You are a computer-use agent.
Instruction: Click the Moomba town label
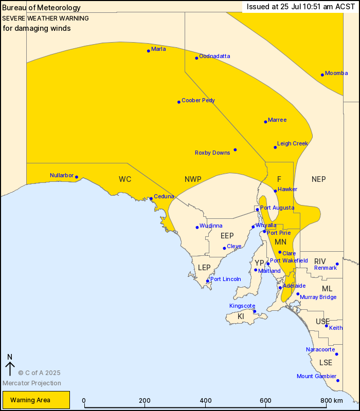[336, 73]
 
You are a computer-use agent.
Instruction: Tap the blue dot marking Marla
[149, 50]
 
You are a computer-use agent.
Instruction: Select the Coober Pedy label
[198, 100]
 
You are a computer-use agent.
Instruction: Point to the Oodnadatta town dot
[196, 58]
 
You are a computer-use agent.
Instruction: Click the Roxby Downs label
[212, 153]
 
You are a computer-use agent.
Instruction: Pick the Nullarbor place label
[61, 175]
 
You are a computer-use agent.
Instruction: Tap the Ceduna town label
[164, 196]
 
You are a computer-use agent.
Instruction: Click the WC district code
[125, 179]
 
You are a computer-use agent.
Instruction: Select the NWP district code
[193, 179]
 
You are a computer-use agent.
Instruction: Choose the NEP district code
[319, 179]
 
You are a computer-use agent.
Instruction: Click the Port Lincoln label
[226, 279]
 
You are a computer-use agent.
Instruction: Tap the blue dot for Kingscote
[254, 311]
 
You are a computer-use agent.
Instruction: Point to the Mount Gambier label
[316, 377]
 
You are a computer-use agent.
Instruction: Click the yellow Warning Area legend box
[36, 400]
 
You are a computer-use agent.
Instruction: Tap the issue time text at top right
[294, 7]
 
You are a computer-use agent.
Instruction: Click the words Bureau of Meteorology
[41, 8]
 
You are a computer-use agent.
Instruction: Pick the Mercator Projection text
[32, 383]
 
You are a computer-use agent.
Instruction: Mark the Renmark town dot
[337, 264]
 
